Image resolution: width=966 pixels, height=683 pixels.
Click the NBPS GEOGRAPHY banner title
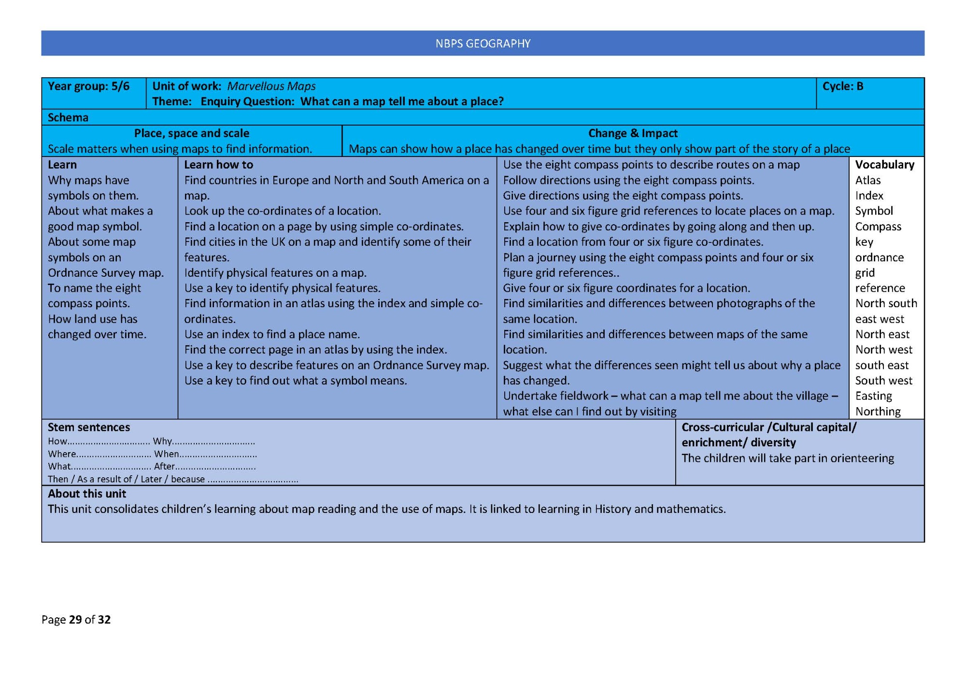click(483, 43)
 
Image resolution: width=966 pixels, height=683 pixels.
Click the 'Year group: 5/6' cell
click(88, 86)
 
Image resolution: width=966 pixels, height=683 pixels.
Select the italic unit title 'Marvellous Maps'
click(271, 86)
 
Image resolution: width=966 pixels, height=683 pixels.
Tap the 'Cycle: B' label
click(842, 86)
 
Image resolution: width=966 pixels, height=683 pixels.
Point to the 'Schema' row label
click(68, 117)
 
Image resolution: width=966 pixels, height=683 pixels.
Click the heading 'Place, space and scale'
click(191, 133)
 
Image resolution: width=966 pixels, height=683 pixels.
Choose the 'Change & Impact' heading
click(632, 133)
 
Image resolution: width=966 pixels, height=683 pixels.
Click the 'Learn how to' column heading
click(218, 165)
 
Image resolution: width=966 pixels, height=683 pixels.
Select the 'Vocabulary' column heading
click(884, 165)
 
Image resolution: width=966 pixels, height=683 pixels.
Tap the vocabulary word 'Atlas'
click(867, 180)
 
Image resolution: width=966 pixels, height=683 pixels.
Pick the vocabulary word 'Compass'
click(878, 227)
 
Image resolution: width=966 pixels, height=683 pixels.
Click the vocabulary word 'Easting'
click(873, 396)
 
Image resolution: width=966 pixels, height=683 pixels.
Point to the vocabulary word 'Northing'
click(878, 412)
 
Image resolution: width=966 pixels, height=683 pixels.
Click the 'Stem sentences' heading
click(88, 427)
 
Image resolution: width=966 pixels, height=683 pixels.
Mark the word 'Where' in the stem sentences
click(62, 454)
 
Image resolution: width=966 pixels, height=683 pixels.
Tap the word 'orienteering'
click(862, 458)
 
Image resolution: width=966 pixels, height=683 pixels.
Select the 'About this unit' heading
click(86, 494)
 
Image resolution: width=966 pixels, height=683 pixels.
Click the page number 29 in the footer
click(75, 620)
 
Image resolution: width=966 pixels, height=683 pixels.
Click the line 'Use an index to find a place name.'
click(271, 334)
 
